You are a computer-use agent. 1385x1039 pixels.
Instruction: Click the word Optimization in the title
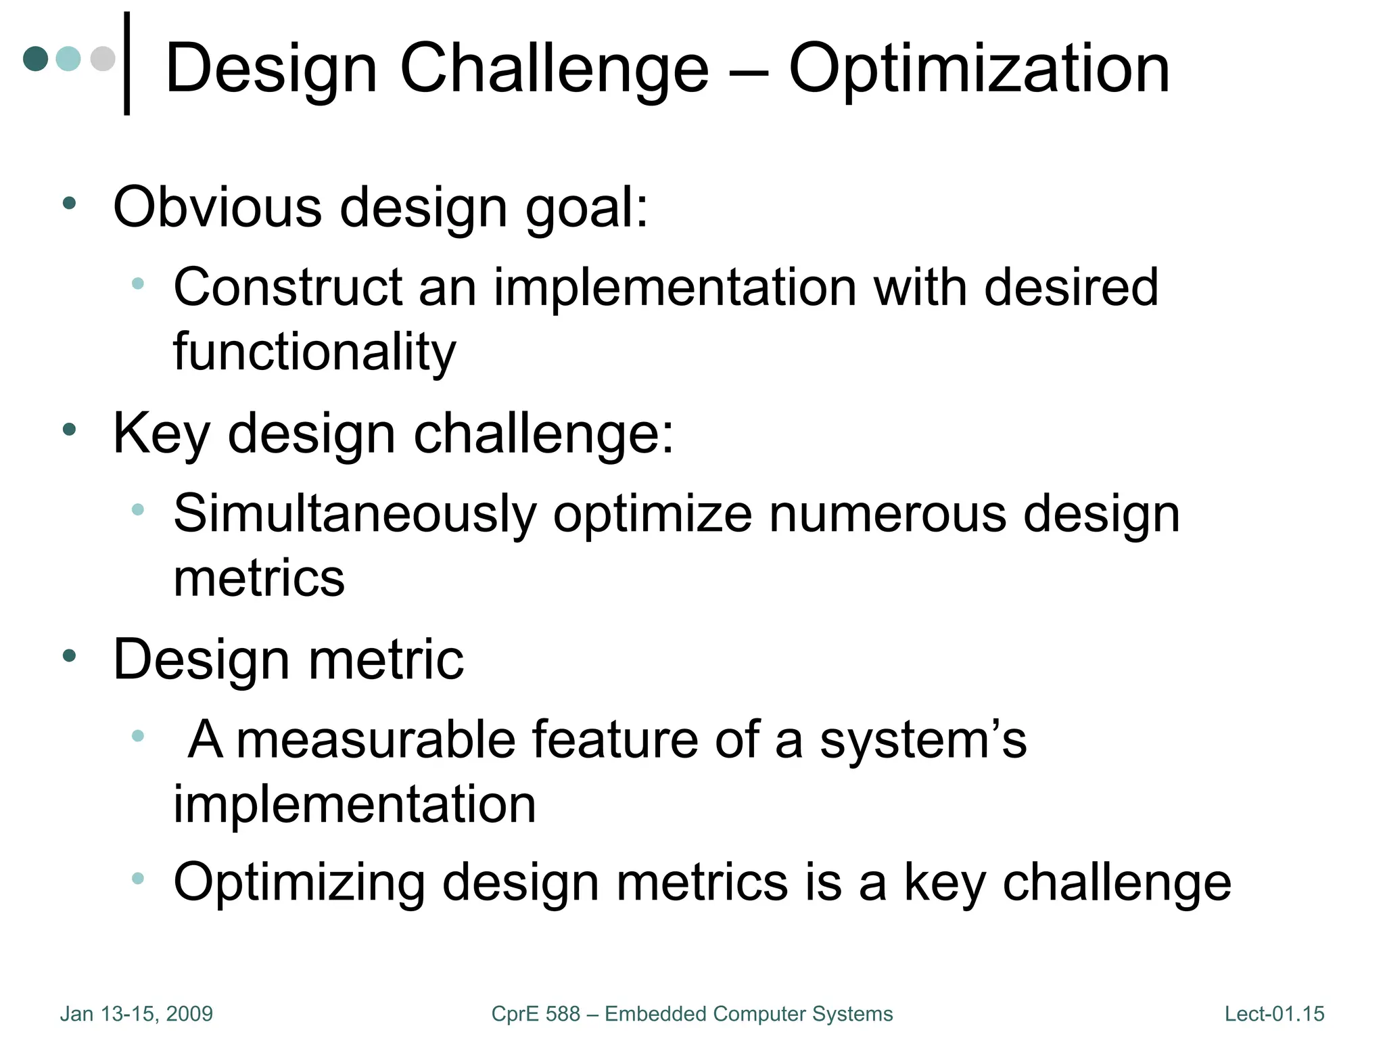979,69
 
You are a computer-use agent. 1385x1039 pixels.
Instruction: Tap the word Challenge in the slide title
555,69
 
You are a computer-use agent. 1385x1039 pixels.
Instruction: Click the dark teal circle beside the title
36,59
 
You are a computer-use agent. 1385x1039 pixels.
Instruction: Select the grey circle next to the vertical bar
103,59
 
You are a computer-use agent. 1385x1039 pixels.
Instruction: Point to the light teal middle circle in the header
68,59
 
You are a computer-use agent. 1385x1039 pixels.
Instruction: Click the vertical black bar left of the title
127,64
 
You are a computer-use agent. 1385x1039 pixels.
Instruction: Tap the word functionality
314,352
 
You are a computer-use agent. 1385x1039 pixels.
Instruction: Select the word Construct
287,287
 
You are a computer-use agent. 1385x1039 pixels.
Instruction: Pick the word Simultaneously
354,514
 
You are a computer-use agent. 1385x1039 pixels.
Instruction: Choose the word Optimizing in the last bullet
299,883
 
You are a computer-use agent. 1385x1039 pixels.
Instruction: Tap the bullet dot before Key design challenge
69,429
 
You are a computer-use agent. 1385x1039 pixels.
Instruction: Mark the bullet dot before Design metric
69,655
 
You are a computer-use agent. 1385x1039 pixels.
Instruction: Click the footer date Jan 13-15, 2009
137,1014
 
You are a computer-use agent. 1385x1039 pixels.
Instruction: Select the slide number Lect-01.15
1274,1014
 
